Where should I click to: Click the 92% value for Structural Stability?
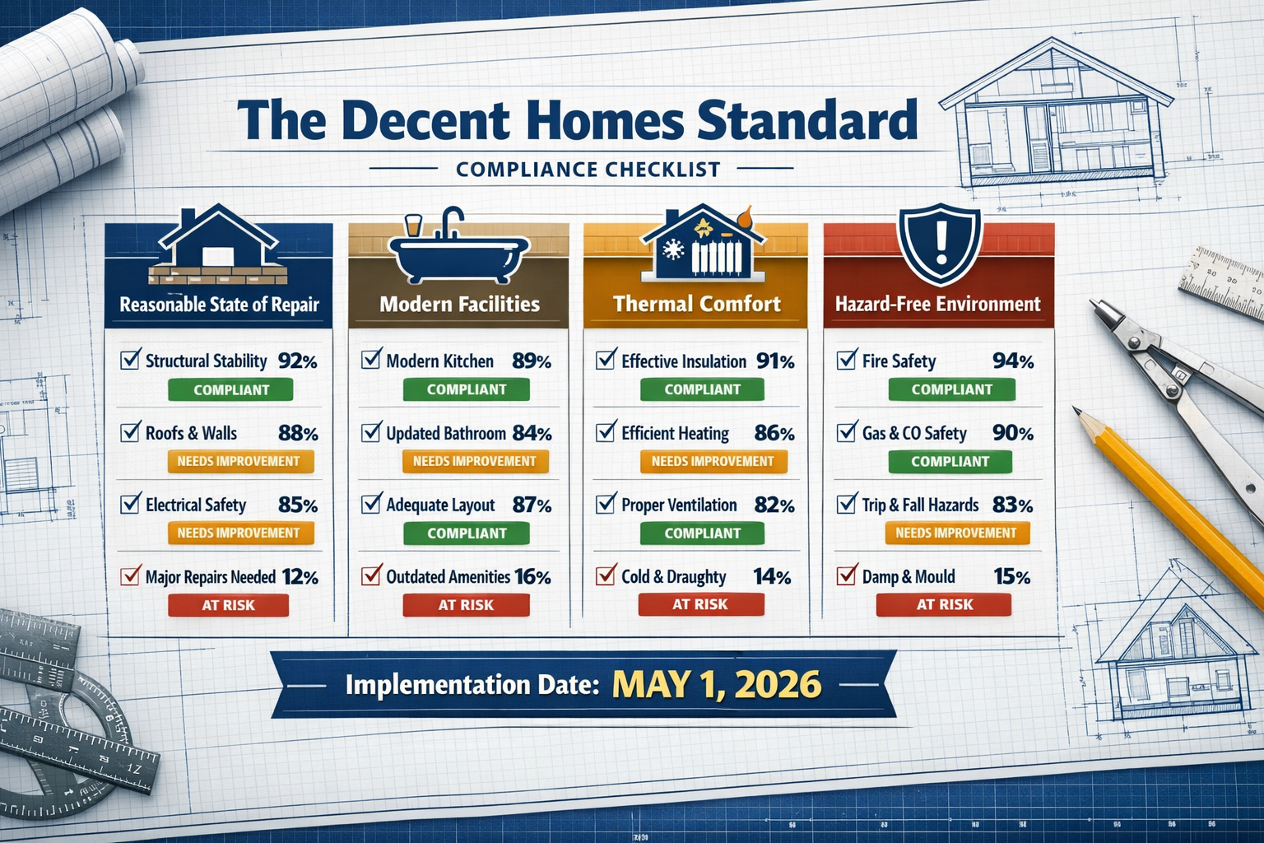[x=297, y=361]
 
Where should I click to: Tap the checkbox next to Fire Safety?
[x=847, y=360]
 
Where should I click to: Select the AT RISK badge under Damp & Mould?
[x=944, y=604]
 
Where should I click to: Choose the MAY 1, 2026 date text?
[x=716, y=685]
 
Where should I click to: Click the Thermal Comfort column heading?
[x=696, y=304]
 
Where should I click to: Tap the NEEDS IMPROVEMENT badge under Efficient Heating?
[x=713, y=462]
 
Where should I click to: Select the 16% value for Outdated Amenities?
[x=532, y=577]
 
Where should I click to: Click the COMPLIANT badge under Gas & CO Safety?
[x=950, y=462]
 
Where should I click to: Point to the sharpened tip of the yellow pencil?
[x=1078, y=412]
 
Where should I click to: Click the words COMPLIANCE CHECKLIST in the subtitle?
[x=588, y=170]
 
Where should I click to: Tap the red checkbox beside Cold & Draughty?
[x=606, y=575]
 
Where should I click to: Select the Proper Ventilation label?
[x=679, y=505]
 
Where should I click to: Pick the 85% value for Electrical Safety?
[x=297, y=505]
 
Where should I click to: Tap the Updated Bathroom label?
[x=446, y=433]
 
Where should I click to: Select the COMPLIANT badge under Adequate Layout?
[x=467, y=533]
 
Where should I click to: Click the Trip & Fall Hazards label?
[x=920, y=505]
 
